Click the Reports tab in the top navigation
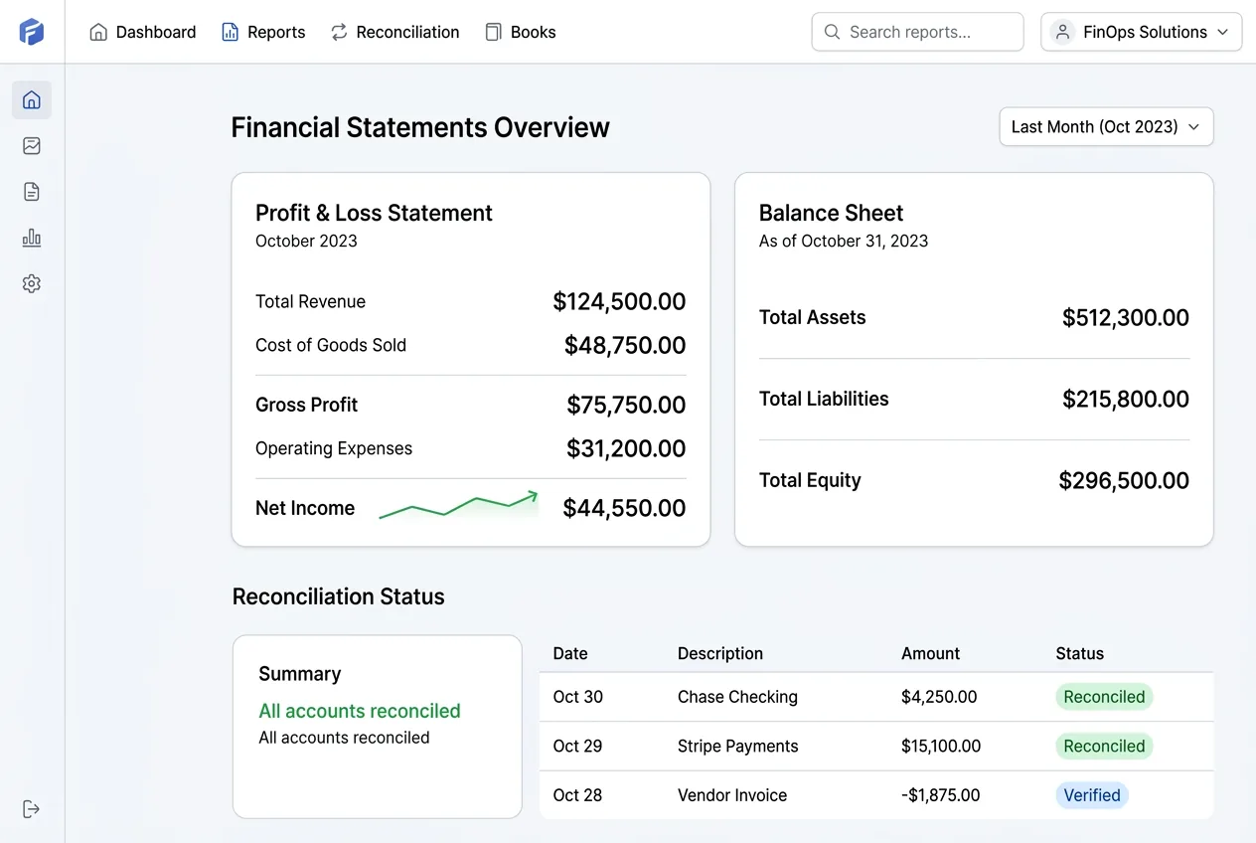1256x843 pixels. pos(263,32)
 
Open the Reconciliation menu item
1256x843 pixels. pos(395,32)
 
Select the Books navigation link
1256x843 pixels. pos(521,32)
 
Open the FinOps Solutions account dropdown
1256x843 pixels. pos(1141,32)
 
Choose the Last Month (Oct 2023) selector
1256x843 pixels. pos(1106,127)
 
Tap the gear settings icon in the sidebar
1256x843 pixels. pos(32,283)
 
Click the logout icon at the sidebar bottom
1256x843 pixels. pos(32,808)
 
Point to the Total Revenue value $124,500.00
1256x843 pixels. pos(619,301)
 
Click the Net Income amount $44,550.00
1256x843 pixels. pos(624,508)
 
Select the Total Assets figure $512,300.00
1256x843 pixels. pos(1125,317)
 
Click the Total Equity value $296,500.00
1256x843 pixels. pos(1123,480)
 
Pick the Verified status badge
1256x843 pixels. pos(1091,795)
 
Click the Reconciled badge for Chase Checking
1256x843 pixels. pos(1104,697)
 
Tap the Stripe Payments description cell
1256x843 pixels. pos(737,746)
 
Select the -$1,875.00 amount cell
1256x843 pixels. pos(940,795)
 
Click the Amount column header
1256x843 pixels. pos(930,653)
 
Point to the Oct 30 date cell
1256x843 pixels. pos(577,697)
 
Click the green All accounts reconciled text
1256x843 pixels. pos(359,711)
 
